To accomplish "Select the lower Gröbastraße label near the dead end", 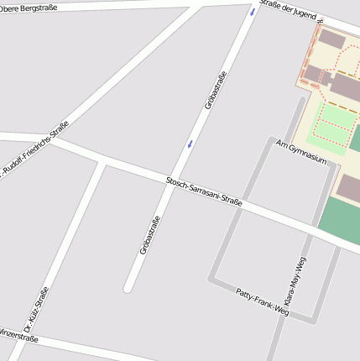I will [150, 235].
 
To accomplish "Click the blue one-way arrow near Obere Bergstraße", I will [253, 12].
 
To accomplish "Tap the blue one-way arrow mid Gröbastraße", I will [190, 144].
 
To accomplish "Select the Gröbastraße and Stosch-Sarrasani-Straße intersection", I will [173, 181].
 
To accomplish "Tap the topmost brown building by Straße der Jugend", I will [331, 39].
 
